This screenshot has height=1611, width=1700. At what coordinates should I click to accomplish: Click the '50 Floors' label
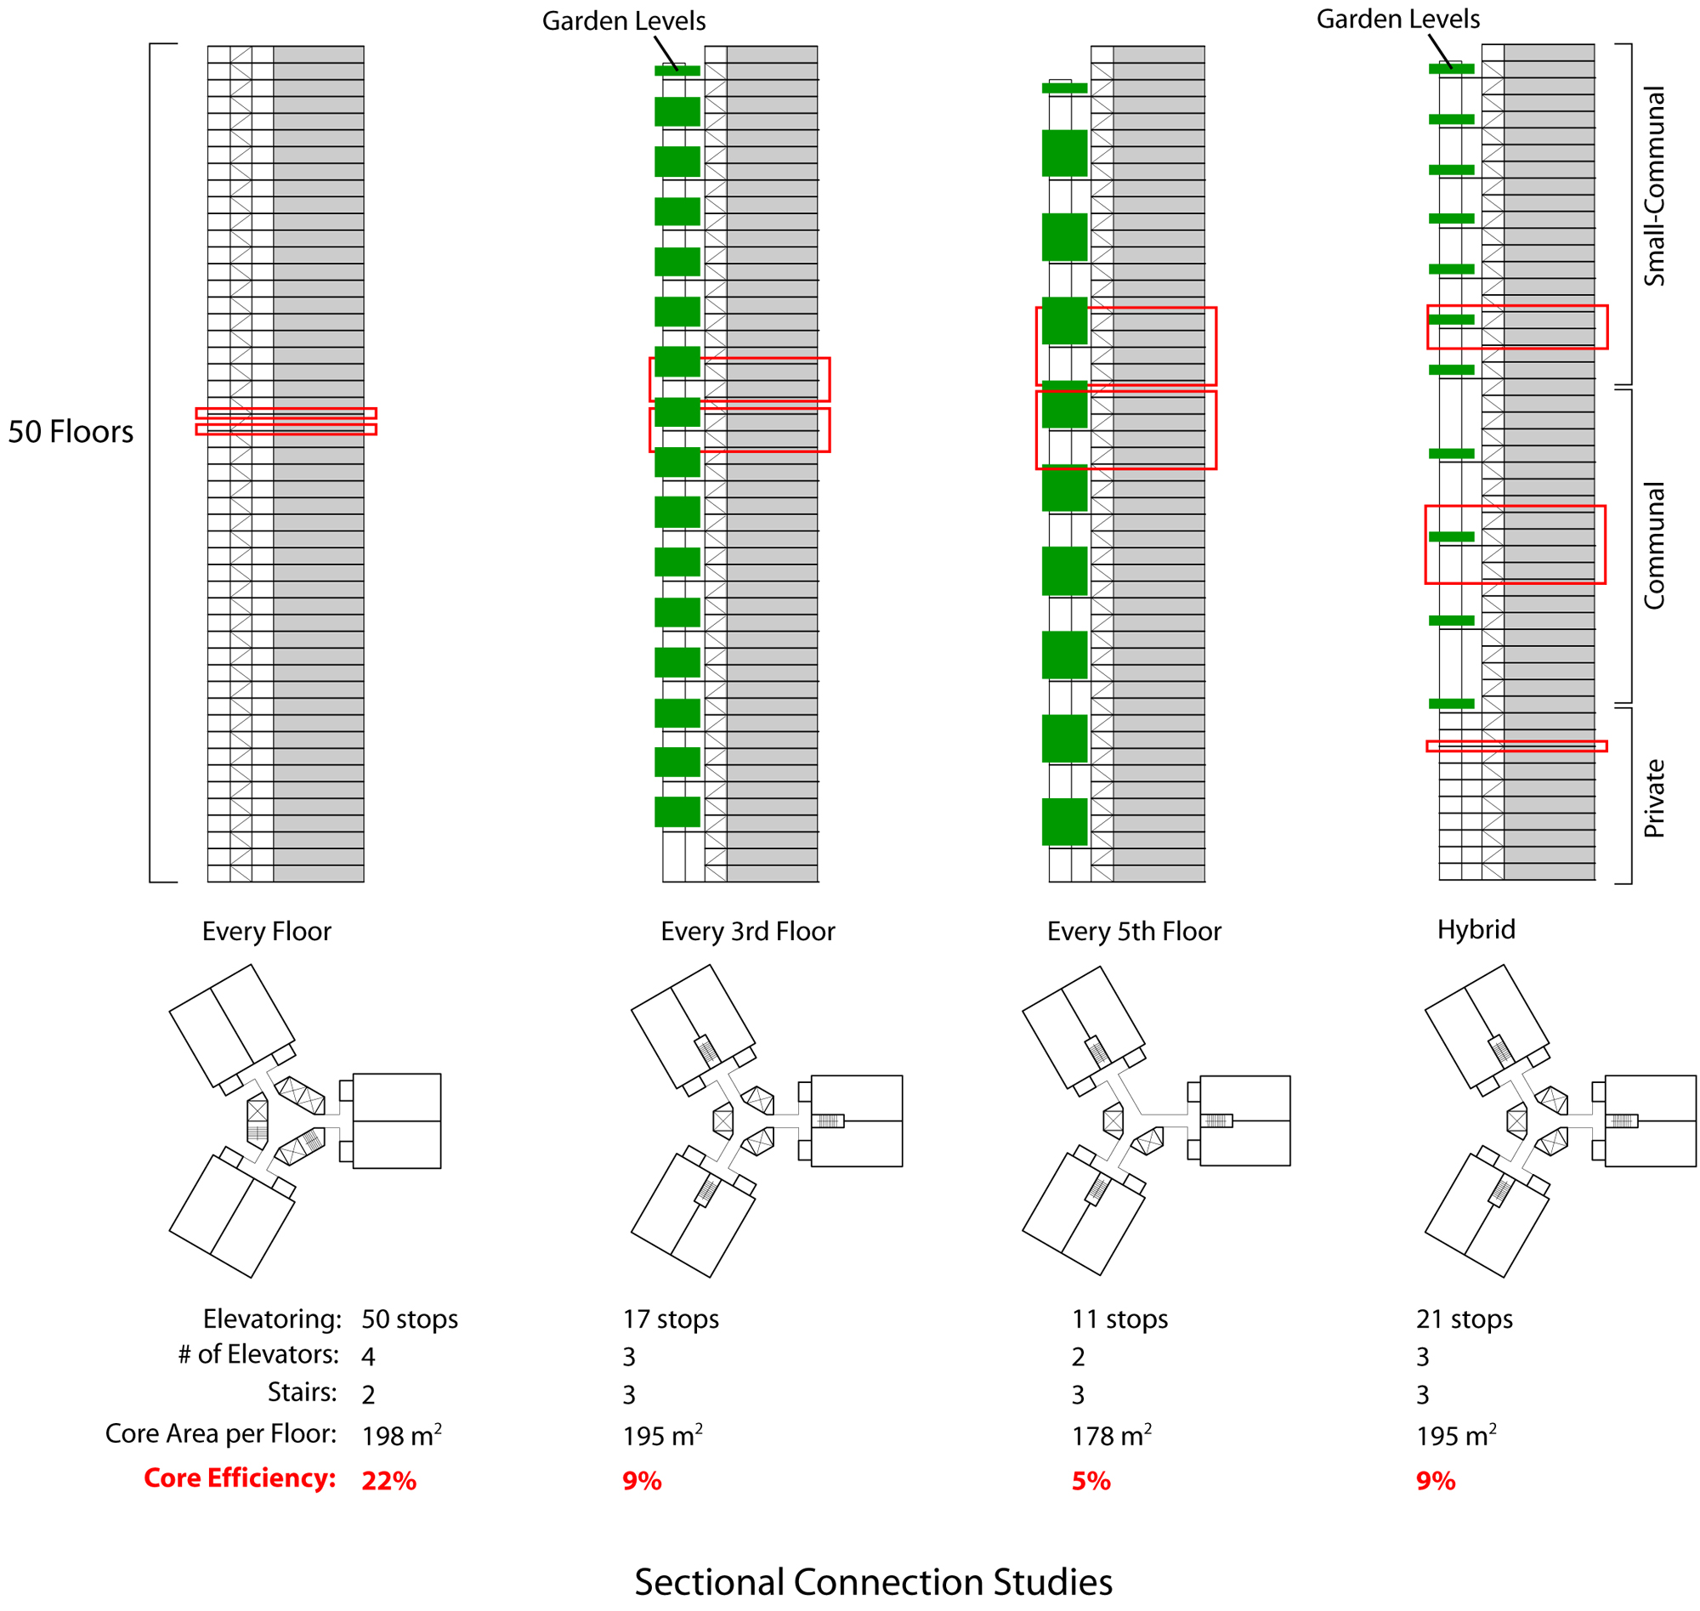(71, 431)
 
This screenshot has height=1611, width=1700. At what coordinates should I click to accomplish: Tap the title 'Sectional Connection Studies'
(872, 1582)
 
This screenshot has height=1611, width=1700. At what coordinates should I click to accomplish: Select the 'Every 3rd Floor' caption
(747, 932)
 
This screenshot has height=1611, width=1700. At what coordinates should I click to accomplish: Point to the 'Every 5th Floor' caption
(1133, 932)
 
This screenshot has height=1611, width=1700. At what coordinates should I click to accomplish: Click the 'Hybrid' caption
(1476, 930)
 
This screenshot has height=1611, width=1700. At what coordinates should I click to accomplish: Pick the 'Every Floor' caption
(266, 932)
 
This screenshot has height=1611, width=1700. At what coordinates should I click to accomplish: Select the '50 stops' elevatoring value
(410, 1319)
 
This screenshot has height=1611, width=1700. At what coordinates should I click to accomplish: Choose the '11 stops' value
(1119, 1319)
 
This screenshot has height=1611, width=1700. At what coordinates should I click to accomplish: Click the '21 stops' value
(1464, 1319)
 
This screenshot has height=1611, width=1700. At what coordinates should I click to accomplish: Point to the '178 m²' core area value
(1111, 1436)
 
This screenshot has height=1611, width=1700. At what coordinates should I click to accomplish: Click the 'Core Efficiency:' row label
(240, 1478)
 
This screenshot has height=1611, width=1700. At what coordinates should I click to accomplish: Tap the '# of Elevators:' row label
(258, 1354)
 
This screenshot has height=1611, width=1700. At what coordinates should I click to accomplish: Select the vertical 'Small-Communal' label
(1653, 186)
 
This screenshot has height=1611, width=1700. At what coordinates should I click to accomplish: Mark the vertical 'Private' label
(1653, 798)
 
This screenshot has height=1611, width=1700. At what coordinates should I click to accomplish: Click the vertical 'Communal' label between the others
(1653, 546)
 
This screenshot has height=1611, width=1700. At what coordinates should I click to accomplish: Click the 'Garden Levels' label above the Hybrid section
(1397, 19)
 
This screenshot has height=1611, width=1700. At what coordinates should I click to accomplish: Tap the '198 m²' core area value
(401, 1436)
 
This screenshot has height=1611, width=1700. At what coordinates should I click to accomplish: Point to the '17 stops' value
(671, 1319)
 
